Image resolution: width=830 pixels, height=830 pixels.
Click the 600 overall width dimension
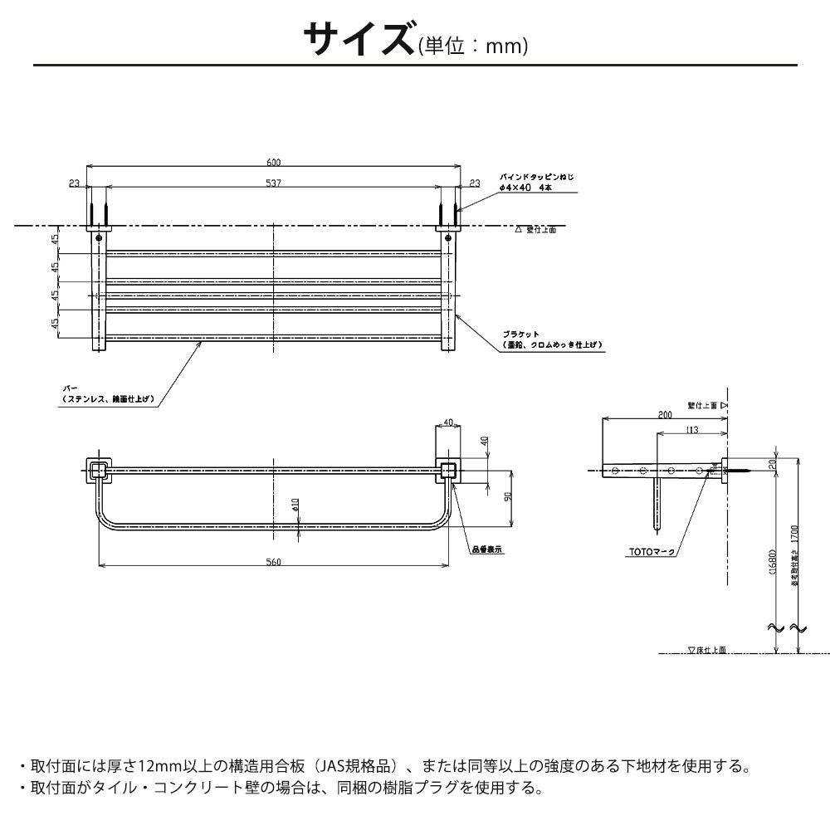pos(274,162)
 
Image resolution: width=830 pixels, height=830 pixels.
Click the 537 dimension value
pos(274,183)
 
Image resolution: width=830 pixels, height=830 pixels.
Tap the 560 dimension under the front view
pos(274,562)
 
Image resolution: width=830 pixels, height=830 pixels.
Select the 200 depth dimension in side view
pos(664,414)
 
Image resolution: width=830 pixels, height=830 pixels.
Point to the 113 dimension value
pos(691,430)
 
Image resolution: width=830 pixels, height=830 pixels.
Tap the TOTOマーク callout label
pos(650,551)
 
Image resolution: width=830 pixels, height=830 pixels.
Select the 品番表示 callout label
pos(488,549)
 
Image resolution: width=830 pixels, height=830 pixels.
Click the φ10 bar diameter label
pos(296,505)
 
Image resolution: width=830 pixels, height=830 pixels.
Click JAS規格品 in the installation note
pos(363,765)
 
